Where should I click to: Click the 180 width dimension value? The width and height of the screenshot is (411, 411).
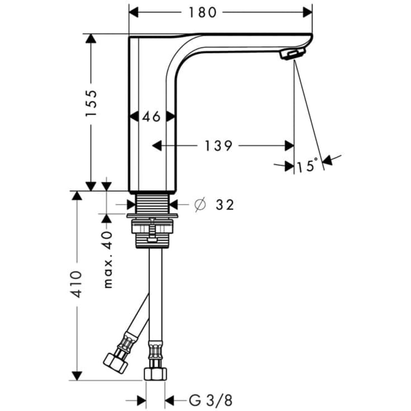(202, 12)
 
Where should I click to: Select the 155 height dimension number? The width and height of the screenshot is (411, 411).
(91, 103)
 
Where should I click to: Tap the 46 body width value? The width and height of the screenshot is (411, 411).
(151, 116)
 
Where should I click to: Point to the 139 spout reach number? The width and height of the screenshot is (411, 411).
(218, 146)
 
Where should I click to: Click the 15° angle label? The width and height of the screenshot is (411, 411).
(307, 166)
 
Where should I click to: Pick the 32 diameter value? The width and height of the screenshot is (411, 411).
(225, 205)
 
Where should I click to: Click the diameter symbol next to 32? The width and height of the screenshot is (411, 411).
(200, 205)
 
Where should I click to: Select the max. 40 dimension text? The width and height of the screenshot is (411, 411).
(108, 260)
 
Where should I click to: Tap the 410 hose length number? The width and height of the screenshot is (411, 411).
(77, 285)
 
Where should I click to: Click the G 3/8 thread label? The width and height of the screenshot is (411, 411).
(211, 400)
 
